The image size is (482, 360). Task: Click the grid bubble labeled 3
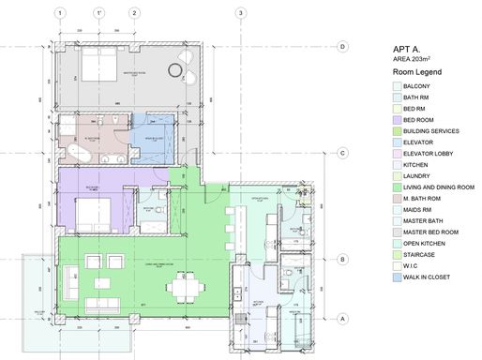[241, 13]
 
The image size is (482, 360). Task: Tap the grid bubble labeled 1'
[98, 13]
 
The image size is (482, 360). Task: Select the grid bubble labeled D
[344, 46]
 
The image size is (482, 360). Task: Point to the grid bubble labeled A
[344, 319]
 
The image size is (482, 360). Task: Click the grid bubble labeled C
[344, 153]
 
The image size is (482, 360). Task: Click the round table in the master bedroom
[173, 69]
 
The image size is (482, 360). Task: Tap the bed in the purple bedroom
[95, 213]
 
